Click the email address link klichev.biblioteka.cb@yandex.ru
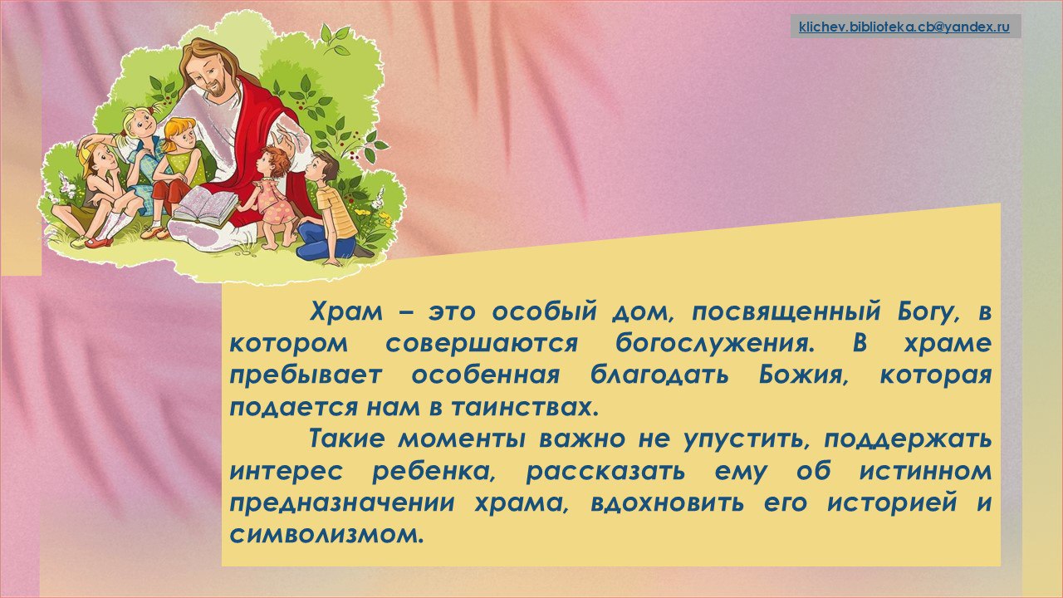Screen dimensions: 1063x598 click(904, 27)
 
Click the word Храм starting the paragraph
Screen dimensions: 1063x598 click(346, 311)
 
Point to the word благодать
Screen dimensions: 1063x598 click(659, 375)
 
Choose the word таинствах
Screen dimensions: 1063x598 click(525, 407)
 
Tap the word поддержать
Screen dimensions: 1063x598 click(908, 440)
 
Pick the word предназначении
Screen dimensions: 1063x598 click(342, 503)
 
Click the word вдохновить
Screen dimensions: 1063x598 click(667, 502)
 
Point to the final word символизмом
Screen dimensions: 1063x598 click(326, 534)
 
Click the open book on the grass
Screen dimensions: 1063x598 click(205, 207)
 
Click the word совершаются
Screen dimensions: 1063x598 click(482, 344)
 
